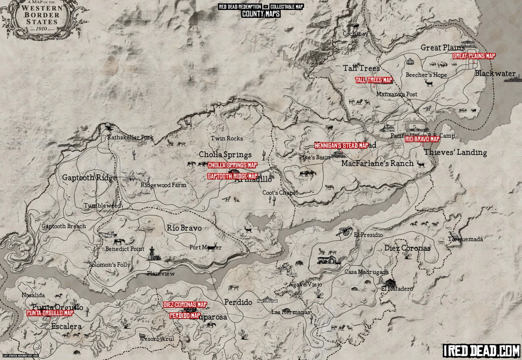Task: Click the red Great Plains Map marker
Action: pyautogui.click(x=474, y=56)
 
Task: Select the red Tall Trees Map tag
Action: pyautogui.click(x=374, y=80)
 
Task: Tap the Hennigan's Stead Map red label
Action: pyautogui.click(x=341, y=146)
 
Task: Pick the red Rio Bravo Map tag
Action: pyautogui.click(x=422, y=139)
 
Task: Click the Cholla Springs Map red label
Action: pyautogui.click(x=232, y=165)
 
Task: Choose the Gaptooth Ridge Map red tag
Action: pyautogui.click(x=232, y=176)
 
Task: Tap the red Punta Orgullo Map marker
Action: pyautogui.click(x=50, y=313)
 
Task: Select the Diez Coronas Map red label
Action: pyautogui.click(x=185, y=305)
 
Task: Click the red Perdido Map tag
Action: pyautogui.click(x=185, y=316)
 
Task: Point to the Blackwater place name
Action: pyautogui.click(x=495, y=73)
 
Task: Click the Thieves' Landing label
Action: pyautogui.click(x=455, y=152)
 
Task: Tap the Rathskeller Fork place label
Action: pyautogui.click(x=130, y=137)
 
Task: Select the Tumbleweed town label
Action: pyautogui.click(x=102, y=206)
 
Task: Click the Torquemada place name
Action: pyautogui.click(x=465, y=239)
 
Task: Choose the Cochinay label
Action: pyautogui.click(x=355, y=34)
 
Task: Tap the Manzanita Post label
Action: pyautogui.click(x=397, y=94)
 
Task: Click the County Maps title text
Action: pyautogui.click(x=261, y=14)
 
